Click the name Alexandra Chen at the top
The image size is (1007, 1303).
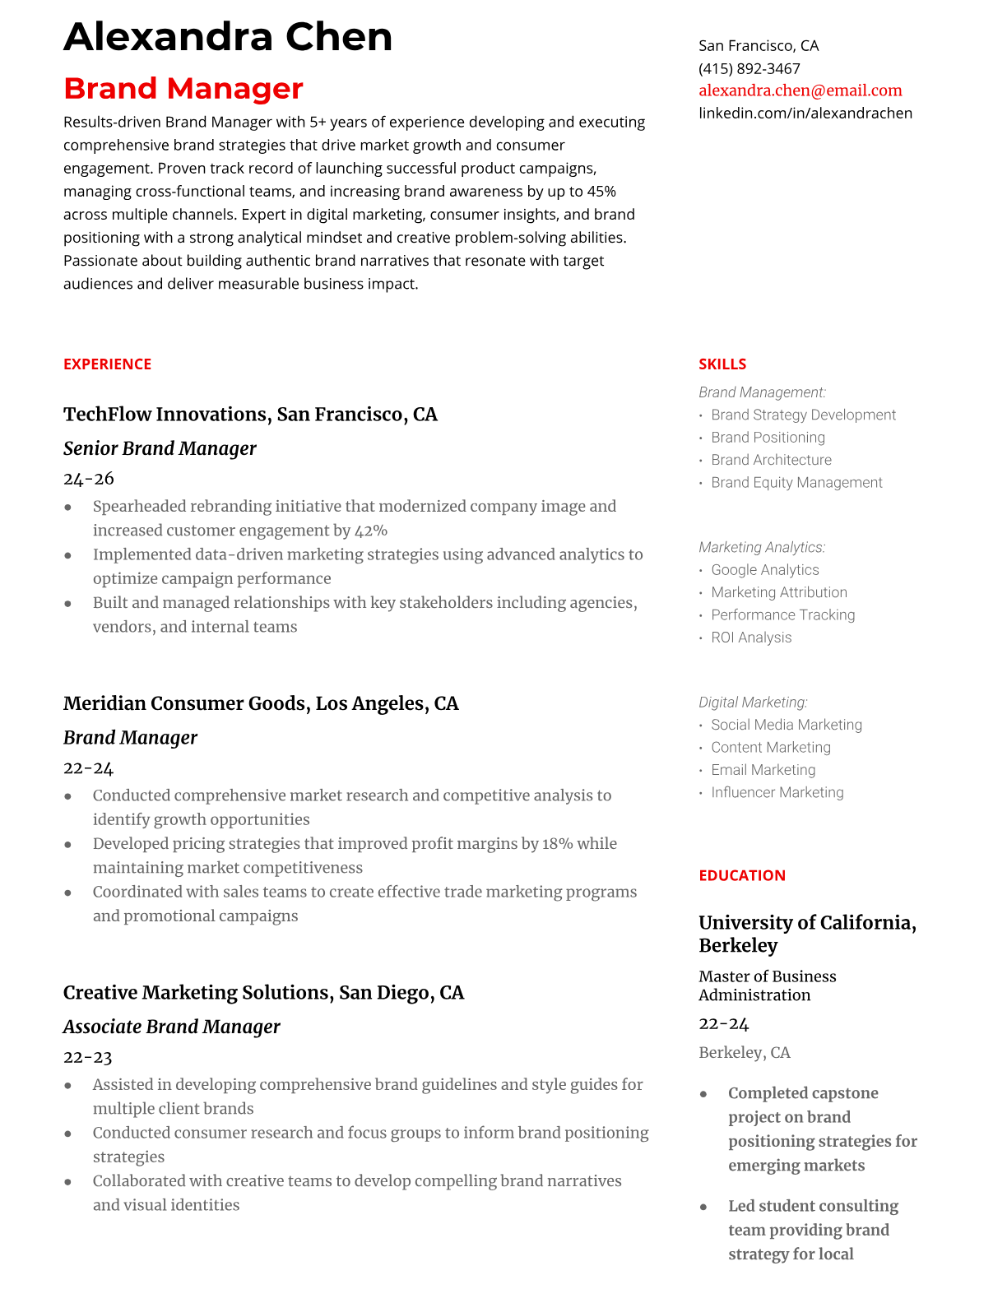(x=228, y=37)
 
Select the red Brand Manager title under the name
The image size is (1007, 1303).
(x=183, y=89)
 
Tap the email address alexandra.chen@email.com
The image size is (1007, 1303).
(x=800, y=90)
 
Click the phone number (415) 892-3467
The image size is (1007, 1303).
(x=749, y=68)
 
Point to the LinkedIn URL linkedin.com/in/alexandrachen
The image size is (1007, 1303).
(x=805, y=113)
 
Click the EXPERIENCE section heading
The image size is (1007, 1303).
(x=107, y=364)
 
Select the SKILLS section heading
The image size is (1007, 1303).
(x=722, y=364)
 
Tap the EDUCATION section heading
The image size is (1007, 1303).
(x=741, y=875)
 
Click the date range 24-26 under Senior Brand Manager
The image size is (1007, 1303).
(x=88, y=479)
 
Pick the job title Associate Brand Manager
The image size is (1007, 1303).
(x=171, y=1027)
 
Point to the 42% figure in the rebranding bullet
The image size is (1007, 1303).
(x=371, y=531)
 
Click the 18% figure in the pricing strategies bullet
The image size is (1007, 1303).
(x=557, y=843)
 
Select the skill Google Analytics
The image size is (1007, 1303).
(x=764, y=570)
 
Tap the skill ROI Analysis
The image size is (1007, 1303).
(x=750, y=638)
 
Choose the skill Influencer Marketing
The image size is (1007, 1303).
(x=777, y=792)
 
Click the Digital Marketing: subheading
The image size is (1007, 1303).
(x=753, y=703)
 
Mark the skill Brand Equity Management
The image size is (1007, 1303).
(x=796, y=483)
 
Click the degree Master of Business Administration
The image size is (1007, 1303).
(x=767, y=985)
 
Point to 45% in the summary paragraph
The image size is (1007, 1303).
(x=601, y=192)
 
